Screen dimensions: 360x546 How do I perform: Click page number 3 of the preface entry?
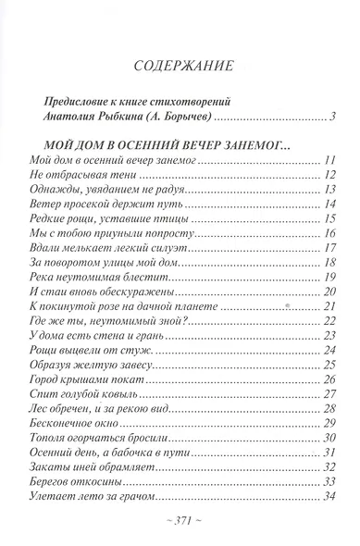(330, 116)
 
